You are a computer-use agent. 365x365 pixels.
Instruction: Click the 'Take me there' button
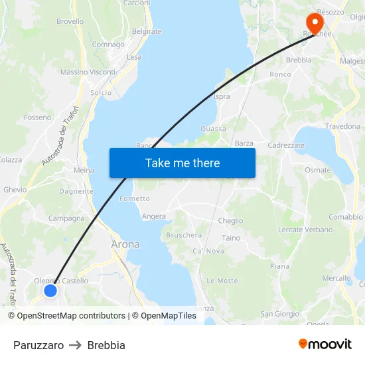183,163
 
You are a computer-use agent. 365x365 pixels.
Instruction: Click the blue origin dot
50,290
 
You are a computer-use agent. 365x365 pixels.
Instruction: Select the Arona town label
125,244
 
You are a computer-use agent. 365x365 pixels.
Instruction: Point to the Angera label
154,216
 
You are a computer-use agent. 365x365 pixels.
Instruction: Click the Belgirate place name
147,31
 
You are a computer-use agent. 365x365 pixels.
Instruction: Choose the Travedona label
342,126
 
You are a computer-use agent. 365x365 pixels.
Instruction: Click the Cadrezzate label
286,145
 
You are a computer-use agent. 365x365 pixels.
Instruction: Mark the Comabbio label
346,216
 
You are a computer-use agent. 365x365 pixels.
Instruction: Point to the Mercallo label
336,278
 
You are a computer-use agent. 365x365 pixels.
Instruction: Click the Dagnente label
76,191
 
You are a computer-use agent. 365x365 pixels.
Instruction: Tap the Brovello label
70,21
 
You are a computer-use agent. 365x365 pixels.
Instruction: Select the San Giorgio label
279,314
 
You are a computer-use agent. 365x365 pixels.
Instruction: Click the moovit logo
325,344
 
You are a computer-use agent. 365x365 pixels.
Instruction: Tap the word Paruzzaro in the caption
38,345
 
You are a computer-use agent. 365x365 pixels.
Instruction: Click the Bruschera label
184,235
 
